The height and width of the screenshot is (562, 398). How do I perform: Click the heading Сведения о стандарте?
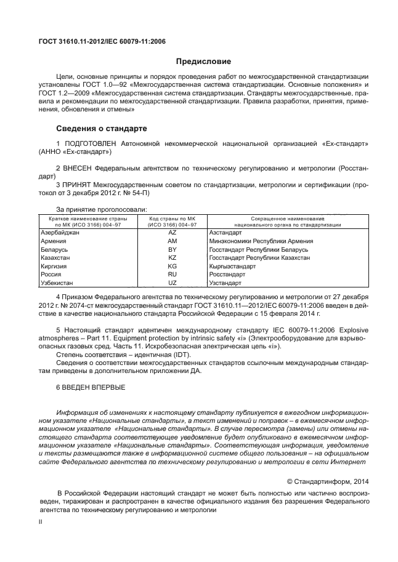101,129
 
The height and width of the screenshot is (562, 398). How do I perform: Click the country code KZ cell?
172,259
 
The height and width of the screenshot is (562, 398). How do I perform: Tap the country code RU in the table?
172,275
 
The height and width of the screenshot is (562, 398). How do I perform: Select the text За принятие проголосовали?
102,209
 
